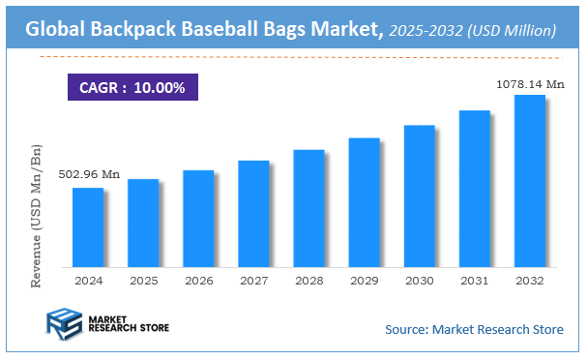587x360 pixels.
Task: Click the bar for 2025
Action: coord(143,223)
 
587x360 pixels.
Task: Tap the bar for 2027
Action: coord(253,213)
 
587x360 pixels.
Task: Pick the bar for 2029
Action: coord(364,201)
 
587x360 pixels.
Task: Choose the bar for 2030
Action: coord(419,195)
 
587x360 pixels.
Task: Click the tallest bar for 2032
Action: coord(530,180)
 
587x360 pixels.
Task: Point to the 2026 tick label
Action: coord(198,280)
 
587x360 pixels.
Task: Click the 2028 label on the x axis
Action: coord(308,280)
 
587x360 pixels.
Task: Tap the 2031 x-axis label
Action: coord(474,280)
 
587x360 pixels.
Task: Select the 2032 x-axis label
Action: coord(530,280)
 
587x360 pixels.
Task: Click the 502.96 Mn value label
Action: coord(89,174)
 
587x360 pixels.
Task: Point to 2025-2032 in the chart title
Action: coord(423,31)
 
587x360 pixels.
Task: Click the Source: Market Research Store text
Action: coord(474,330)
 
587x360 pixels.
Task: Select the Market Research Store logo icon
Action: coord(63,326)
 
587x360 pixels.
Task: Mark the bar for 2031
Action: coord(475,188)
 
